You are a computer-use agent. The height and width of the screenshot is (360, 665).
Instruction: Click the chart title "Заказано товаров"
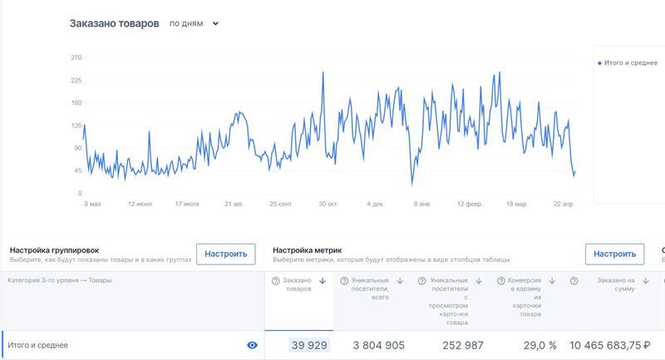[x=114, y=24]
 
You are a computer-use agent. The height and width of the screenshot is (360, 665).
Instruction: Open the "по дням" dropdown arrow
[x=215, y=24]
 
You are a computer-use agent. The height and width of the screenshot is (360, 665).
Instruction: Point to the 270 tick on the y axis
[x=76, y=58]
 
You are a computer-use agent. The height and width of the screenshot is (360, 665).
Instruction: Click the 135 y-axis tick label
[x=76, y=126]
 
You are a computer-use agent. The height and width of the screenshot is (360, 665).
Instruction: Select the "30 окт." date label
[x=328, y=204]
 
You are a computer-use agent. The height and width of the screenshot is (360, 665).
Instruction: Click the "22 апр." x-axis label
[x=564, y=204]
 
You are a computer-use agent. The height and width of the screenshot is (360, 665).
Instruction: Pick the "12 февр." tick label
[x=470, y=204]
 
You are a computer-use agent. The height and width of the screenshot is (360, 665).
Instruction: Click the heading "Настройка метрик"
[x=308, y=249]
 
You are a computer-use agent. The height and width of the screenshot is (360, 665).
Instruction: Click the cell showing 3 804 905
[x=378, y=345]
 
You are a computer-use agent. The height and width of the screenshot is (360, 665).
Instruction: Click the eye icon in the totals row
[x=253, y=345]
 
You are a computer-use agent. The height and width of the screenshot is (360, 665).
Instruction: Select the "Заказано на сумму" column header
[x=616, y=286]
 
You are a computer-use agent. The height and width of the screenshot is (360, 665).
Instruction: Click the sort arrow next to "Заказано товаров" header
[x=322, y=281]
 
